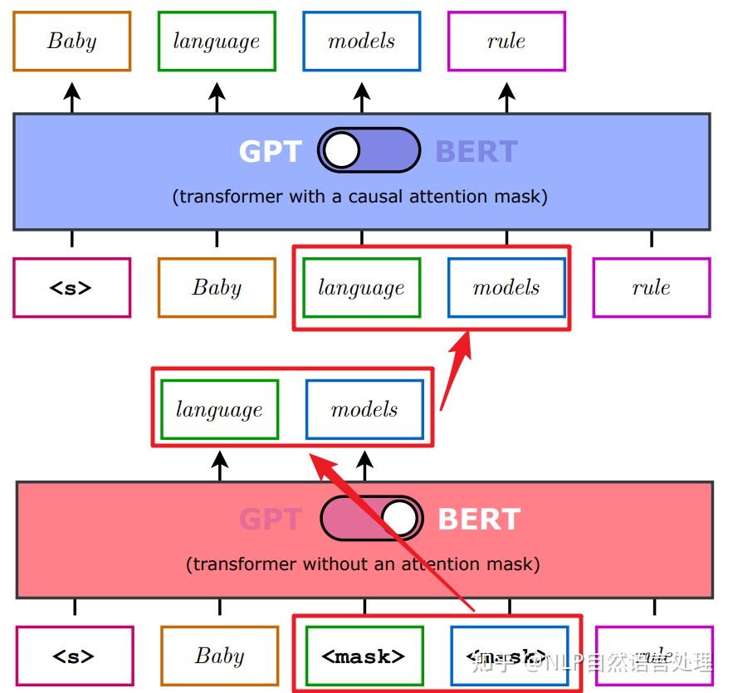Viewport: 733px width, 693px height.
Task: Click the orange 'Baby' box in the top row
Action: (x=72, y=41)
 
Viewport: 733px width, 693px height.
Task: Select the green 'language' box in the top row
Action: (x=217, y=41)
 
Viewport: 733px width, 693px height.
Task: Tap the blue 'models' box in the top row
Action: (x=362, y=41)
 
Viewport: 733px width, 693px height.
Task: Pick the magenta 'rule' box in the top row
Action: (x=506, y=41)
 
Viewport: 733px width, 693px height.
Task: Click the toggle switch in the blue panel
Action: (x=369, y=150)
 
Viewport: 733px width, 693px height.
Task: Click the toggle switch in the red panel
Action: (x=371, y=519)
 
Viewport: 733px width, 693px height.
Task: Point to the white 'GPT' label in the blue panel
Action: (x=270, y=152)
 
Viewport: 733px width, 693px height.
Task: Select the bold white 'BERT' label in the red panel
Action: (x=479, y=520)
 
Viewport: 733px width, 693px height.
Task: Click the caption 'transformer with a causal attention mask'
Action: (x=360, y=197)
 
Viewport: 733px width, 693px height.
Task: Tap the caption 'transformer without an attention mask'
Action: (x=363, y=564)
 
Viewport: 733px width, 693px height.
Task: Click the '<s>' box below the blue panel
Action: (x=72, y=288)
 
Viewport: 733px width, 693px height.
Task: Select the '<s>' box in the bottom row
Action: (x=75, y=656)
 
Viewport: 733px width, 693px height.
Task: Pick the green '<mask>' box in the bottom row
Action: (x=364, y=656)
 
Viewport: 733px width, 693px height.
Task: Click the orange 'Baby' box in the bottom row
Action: (x=219, y=656)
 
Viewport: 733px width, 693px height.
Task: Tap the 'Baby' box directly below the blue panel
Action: (x=217, y=288)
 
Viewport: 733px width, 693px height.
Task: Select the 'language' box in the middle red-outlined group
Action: (x=219, y=409)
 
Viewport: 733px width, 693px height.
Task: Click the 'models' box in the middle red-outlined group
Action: (x=364, y=409)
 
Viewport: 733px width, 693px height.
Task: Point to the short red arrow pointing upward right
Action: (x=457, y=369)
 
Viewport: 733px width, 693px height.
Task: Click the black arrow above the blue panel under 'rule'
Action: (x=506, y=97)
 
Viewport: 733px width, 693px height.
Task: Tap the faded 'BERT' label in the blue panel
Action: (x=476, y=152)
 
